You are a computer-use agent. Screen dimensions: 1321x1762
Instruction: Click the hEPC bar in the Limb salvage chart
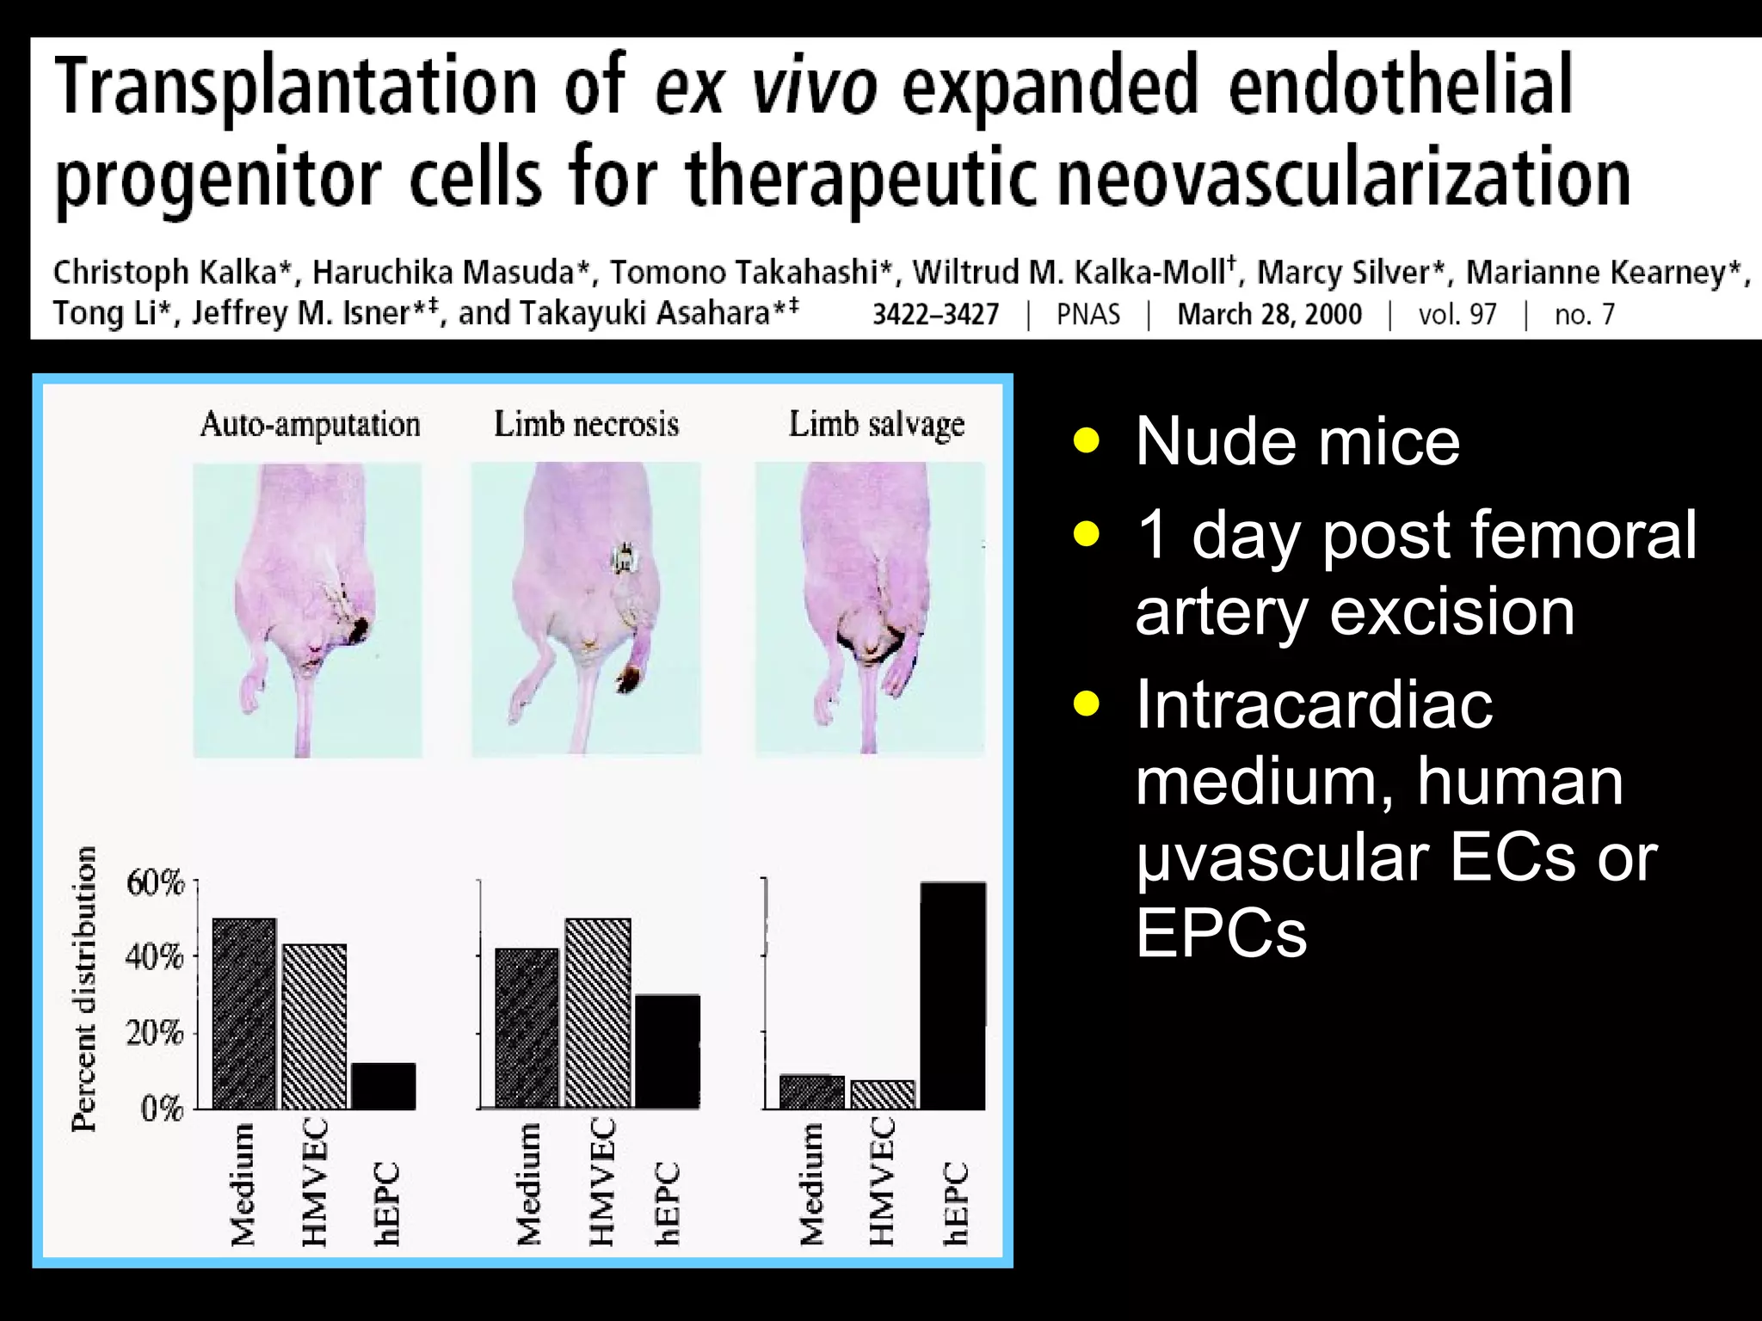pyautogui.click(x=952, y=995)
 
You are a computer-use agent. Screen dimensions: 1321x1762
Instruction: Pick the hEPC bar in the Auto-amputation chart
pyautogui.click(x=383, y=1086)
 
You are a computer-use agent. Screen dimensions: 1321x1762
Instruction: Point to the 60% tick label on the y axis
pyautogui.click(x=156, y=883)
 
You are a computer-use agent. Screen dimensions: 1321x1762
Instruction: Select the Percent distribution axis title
pyautogui.click(x=84, y=989)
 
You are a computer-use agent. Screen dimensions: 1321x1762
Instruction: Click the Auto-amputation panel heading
pyautogui.click(x=310, y=425)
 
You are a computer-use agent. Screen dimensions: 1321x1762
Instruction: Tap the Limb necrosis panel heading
pyautogui.click(x=586, y=425)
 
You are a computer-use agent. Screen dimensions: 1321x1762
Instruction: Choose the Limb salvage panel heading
pyautogui.click(x=877, y=425)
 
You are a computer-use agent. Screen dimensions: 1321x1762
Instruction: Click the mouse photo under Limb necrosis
pyautogui.click(x=586, y=609)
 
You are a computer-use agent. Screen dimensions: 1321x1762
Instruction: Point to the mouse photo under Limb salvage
pyautogui.click(x=870, y=609)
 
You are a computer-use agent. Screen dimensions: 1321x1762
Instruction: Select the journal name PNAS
pyautogui.click(x=1087, y=315)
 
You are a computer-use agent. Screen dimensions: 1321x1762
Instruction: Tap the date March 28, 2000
pyautogui.click(x=1269, y=315)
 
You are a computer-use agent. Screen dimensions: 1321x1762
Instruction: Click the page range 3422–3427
pyautogui.click(x=935, y=315)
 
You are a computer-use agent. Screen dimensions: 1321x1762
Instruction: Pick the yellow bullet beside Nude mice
pyautogui.click(x=1087, y=441)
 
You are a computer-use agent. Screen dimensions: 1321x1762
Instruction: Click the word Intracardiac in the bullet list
pyautogui.click(x=1314, y=705)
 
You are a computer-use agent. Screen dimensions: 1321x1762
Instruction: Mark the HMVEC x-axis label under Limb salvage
pyautogui.click(x=882, y=1181)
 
